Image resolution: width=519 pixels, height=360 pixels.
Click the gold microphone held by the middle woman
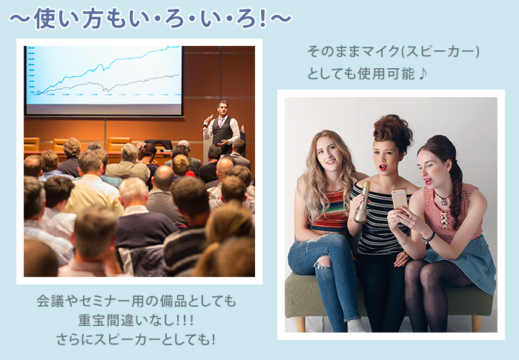[x=361, y=202]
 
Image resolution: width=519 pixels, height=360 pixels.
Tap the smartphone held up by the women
[x=400, y=199]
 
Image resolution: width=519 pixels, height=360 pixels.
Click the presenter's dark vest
[x=222, y=130]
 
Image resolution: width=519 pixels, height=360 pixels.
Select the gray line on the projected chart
[x=108, y=84]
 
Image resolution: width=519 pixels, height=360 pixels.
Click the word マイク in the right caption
[x=381, y=51]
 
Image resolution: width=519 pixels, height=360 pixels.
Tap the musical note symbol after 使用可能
[x=422, y=74]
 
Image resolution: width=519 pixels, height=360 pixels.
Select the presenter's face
[x=222, y=109]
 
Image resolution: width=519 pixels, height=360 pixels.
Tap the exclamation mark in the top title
[x=263, y=19]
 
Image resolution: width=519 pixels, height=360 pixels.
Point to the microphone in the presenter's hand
[x=208, y=121]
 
